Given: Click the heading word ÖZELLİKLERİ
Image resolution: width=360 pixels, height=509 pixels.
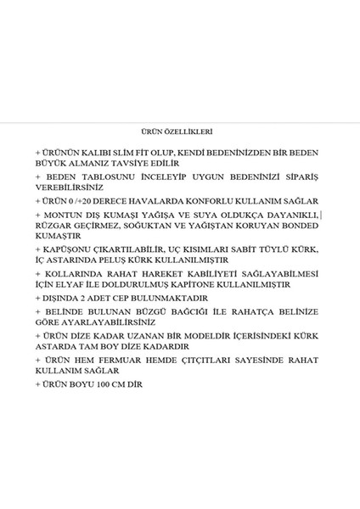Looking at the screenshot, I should coord(188,132).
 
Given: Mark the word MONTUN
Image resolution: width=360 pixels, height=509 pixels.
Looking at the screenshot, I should coord(59,217).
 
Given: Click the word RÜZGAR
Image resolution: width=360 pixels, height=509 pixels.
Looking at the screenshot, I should coord(53,227).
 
